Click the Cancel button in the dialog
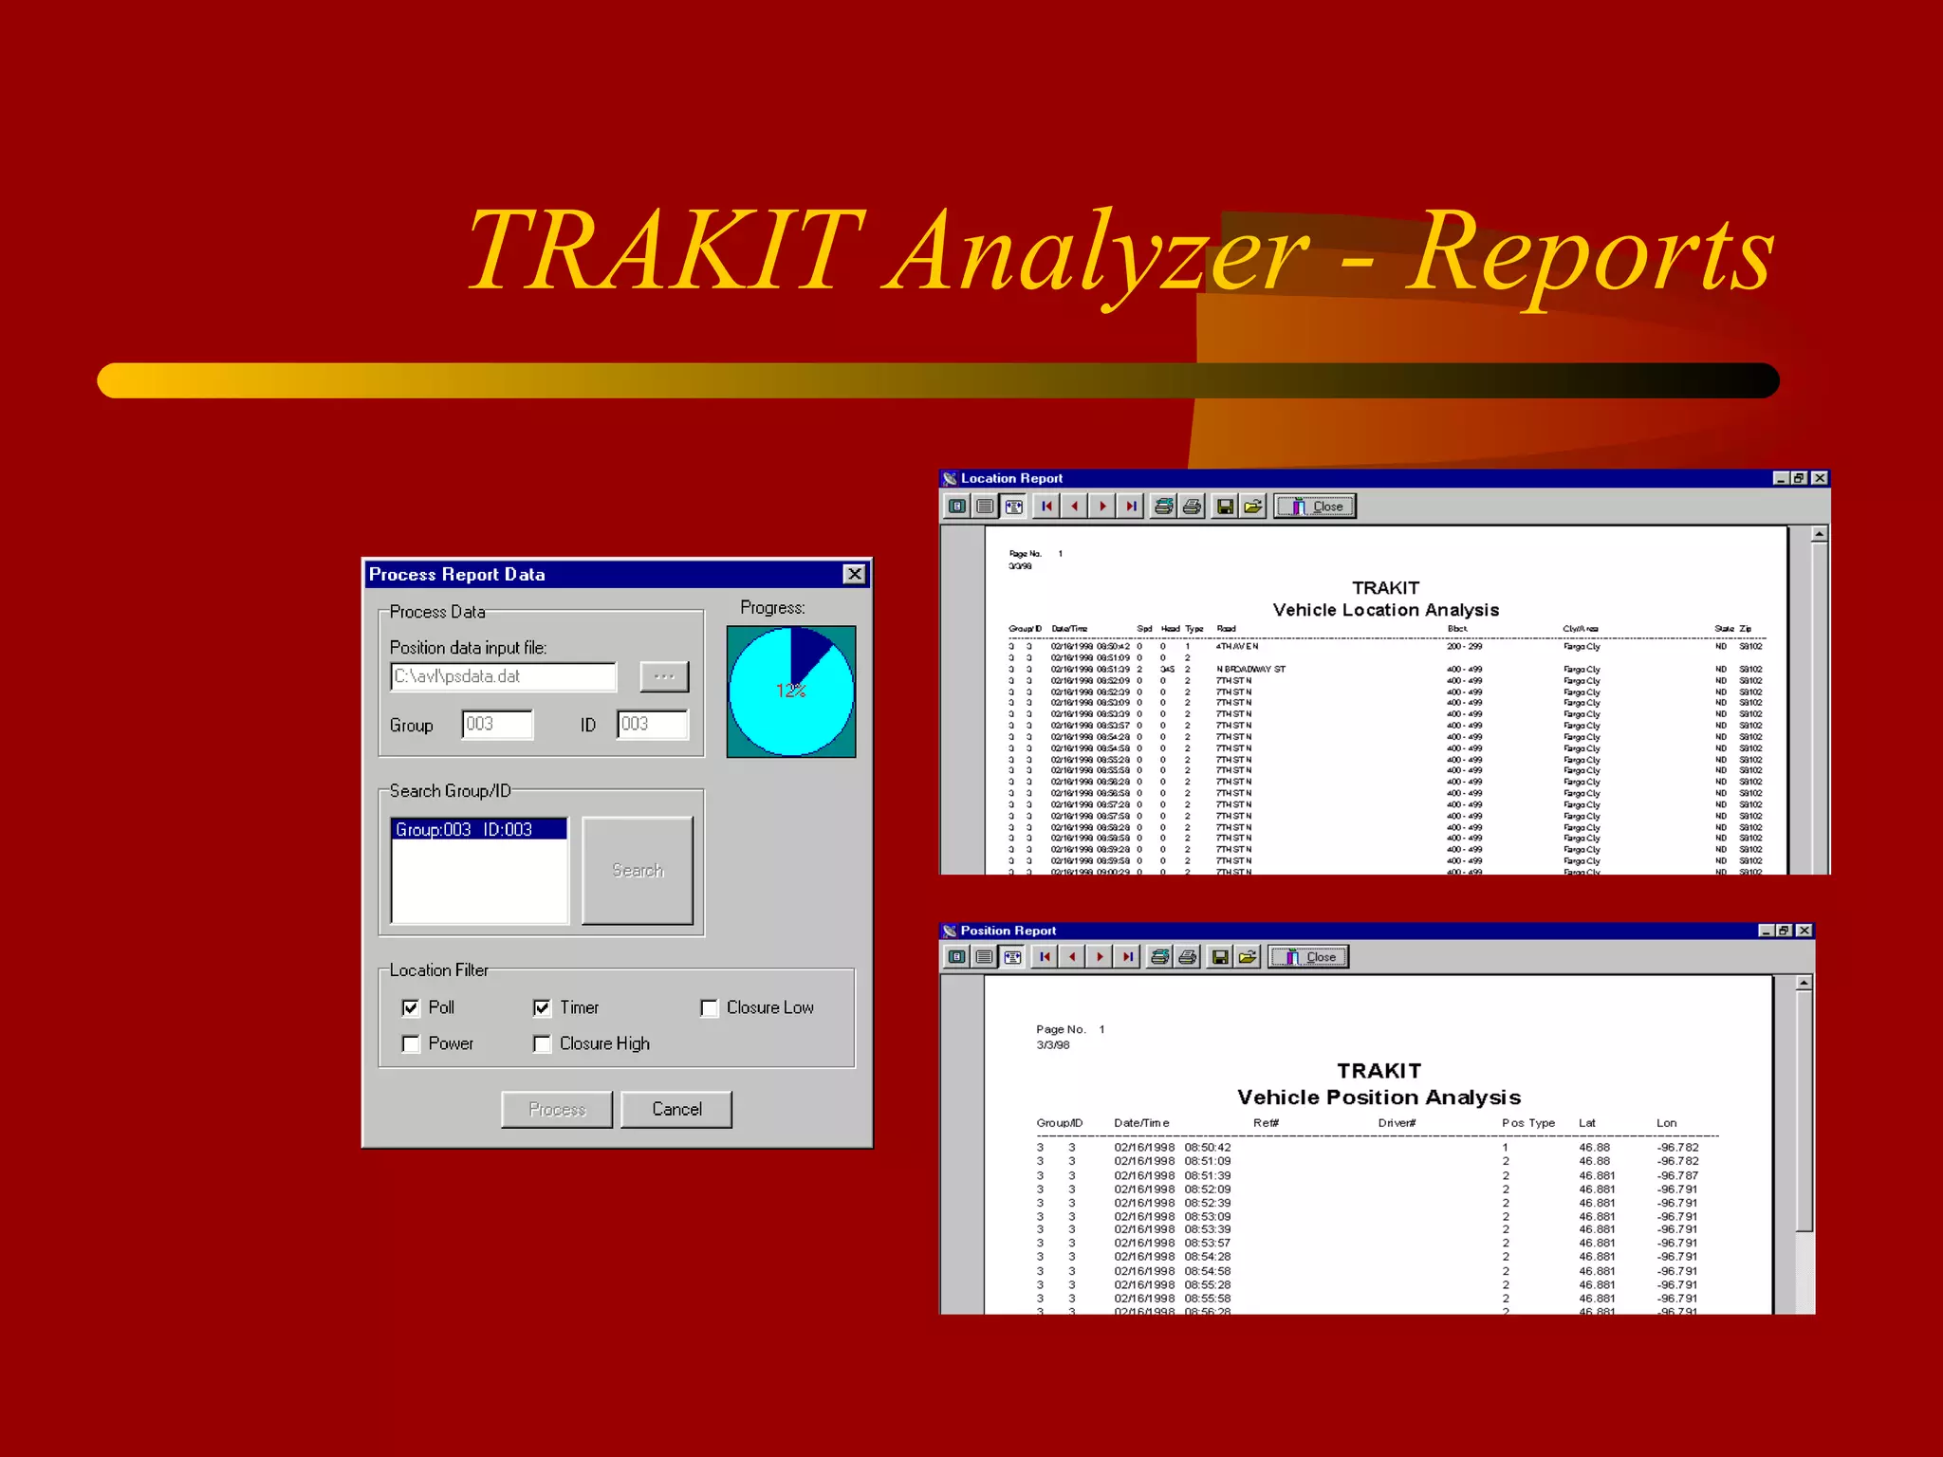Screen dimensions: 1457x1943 675,1109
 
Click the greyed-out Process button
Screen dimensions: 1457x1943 557,1109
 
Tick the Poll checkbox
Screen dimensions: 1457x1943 411,1007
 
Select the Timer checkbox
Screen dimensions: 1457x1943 542,1007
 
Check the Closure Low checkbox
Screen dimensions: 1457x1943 709,1007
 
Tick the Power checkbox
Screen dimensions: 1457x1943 411,1043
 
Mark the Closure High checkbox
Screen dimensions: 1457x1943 542,1043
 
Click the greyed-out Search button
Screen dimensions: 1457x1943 638,870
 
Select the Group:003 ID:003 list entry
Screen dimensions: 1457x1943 478,829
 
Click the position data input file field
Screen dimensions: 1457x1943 503,676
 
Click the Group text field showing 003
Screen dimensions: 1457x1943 497,724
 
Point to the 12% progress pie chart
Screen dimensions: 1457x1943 790,692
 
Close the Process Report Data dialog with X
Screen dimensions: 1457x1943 854,574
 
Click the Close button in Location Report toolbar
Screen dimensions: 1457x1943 1315,507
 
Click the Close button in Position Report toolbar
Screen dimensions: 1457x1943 1308,957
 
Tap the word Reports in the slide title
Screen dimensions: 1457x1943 1588,251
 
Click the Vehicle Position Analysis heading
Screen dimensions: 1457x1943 1378,1097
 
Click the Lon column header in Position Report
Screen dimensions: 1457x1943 1666,1123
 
